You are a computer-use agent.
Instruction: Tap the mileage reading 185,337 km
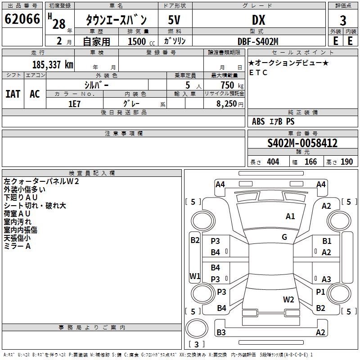[53, 64]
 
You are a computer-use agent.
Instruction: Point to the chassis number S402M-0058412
[302, 144]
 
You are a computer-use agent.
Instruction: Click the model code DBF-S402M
[258, 41]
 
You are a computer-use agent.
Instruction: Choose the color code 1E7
[74, 103]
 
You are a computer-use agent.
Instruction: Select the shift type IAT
[13, 94]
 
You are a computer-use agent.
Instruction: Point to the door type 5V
[175, 20]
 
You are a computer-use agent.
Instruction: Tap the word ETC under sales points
[258, 72]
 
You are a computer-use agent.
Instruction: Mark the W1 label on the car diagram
[195, 275]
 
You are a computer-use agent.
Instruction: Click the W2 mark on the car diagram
[288, 300]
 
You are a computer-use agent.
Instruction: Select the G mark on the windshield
[284, 237]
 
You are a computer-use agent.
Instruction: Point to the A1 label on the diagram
[291, 216]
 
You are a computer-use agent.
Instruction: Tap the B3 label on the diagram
[221, 333]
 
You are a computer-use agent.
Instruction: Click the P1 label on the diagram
[320, 292]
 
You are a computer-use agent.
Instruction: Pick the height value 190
[346, 162]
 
